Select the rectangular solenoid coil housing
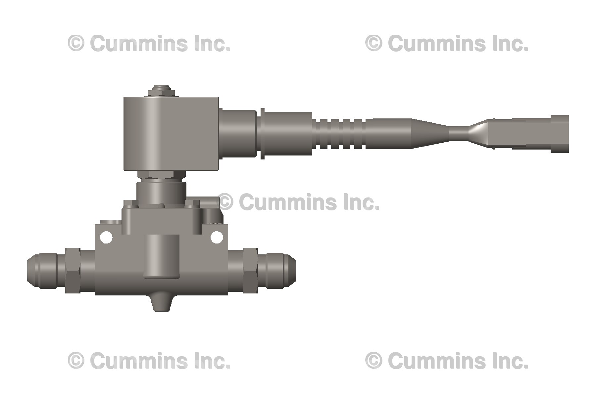171,134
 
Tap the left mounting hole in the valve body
107,238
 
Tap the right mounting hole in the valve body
217,237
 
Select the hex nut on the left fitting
73,271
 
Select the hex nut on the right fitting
250,271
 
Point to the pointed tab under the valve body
162,303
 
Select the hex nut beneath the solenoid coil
161,175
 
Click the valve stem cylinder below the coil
161,194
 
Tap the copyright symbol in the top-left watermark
76,43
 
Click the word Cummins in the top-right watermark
437,43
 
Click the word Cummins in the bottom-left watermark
139,361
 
